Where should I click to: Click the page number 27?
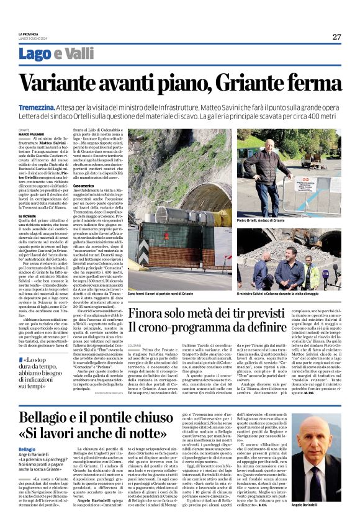tap(336, 37)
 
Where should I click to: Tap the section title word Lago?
tap(35, 55)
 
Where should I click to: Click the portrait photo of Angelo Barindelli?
tap(322, 459)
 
